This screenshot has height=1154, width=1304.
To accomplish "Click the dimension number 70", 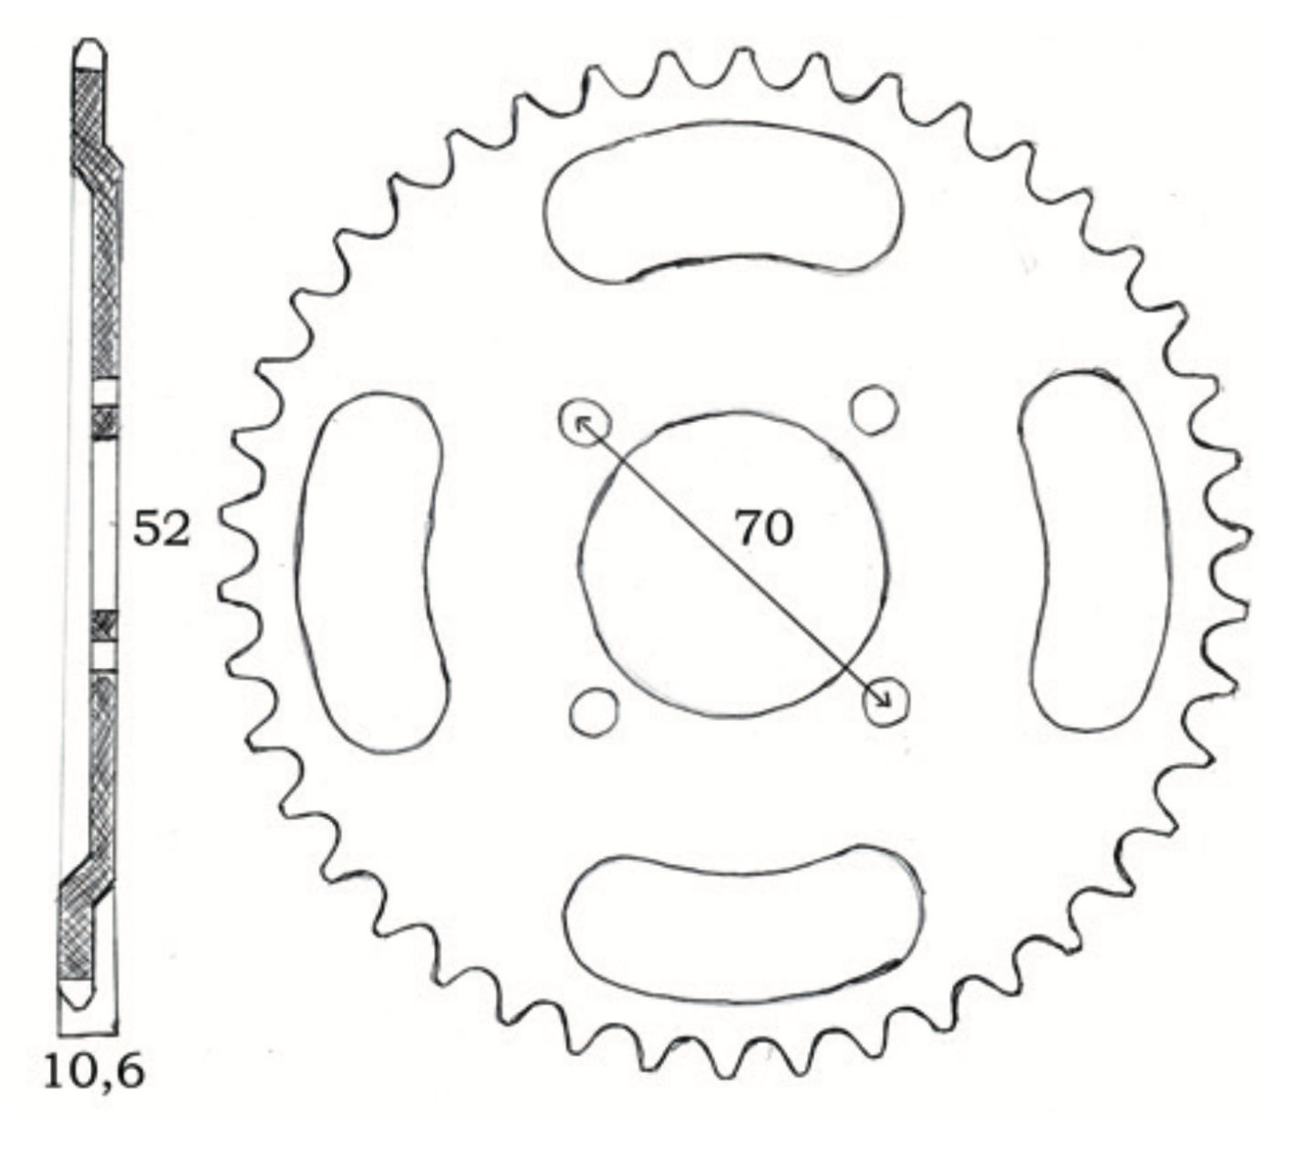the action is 764,528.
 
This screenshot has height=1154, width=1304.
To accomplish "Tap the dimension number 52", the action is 161,531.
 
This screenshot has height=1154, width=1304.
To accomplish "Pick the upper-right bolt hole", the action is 873,409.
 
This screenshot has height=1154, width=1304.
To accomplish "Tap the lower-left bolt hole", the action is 594,711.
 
